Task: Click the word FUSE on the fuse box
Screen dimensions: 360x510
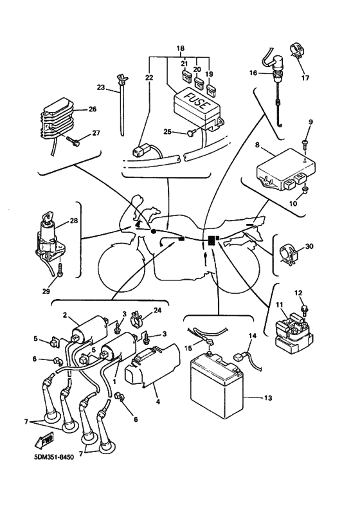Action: pos(195,100)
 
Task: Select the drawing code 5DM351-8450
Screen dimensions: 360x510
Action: pos(53,457)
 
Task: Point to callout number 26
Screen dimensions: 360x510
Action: pos(93,109)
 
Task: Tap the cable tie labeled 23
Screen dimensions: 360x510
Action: pos(122,104)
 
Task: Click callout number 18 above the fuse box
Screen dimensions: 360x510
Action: pos(181,48)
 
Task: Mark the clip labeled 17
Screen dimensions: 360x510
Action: pos(296,52)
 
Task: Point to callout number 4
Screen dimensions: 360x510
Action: pos(157,402)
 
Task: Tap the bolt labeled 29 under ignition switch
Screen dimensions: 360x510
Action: pos(60,270)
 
